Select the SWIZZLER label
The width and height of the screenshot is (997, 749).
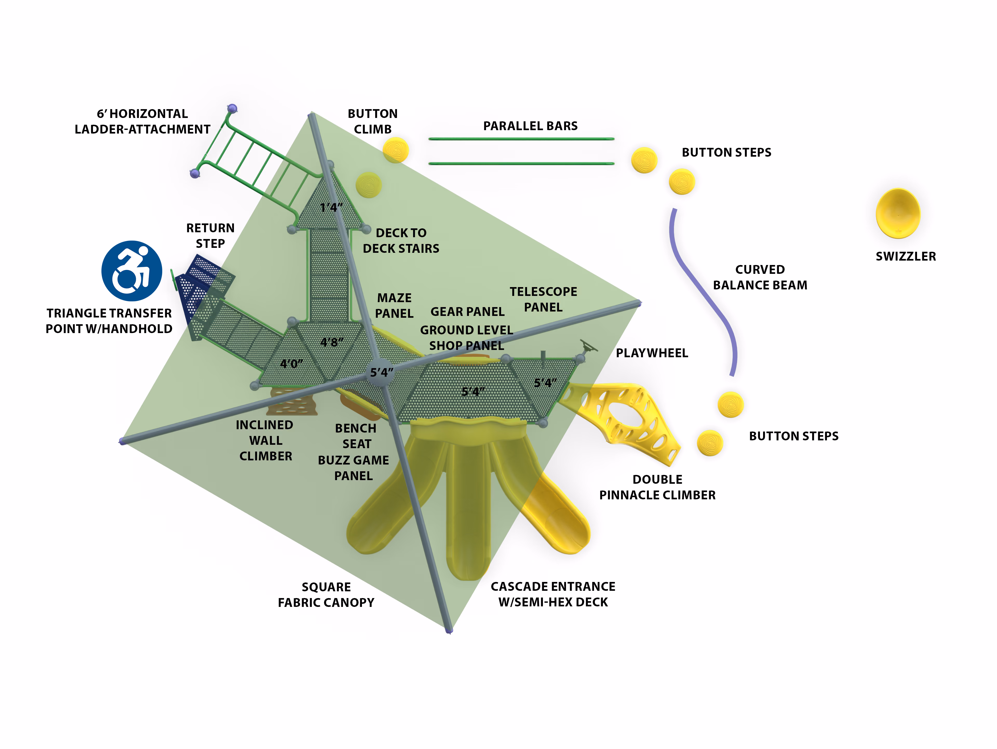coord(906,256)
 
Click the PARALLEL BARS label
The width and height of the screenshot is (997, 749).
coord(530,126)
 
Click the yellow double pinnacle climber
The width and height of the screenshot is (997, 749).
coord(622,422)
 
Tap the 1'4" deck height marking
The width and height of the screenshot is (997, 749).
coord(331,207)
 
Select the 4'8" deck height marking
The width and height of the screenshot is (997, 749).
coord(332,342)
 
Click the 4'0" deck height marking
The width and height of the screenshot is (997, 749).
coord(292,363)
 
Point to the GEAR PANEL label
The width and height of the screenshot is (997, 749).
coord(467,311)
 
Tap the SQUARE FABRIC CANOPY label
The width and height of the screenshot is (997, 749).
coord(326,595)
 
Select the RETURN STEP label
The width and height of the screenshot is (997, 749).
coord(211,235)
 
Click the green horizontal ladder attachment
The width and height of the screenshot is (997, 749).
coord(257,167)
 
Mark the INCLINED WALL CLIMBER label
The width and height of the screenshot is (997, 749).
coord(265,441)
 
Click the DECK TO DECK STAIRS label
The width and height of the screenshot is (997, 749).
coord(401,241)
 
